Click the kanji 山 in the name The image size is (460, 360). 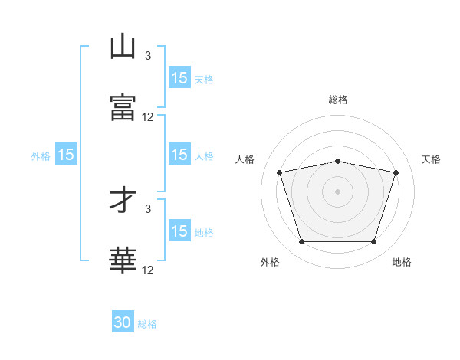tap(123, 46)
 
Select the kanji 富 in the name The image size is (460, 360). tap(123, 107)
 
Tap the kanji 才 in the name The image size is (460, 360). tap(123, 199)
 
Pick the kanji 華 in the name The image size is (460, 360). tap(123, 260)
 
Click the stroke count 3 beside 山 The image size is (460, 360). tap(148, 56)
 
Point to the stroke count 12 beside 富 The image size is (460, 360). tap(147, 117)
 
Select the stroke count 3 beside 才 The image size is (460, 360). tap(148, 209)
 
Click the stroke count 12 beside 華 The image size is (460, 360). tap(147, 270)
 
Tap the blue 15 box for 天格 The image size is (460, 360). tap(179, 77)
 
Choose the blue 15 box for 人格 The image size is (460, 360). tap(179, 154)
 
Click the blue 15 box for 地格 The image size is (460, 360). tap(179, 230)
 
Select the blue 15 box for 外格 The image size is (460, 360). tap(66, 154)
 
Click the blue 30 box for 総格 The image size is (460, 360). tap(123, 321)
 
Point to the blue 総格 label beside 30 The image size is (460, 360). tap(147, 324)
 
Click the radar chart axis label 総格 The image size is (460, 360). tap(338, 100)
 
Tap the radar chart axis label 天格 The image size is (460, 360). tap(431, 159)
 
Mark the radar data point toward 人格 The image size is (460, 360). tap(280, 172)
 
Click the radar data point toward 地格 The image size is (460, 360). tap(374, 241)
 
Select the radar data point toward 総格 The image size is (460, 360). tap(337, 162)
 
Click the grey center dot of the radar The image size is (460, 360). tap(337, 191)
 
